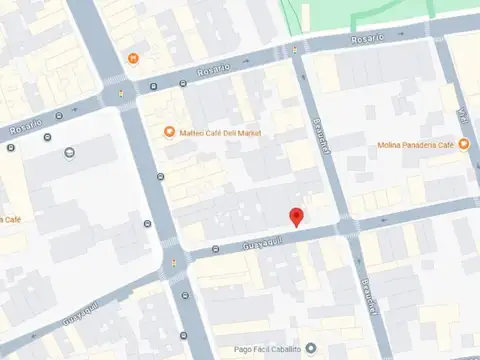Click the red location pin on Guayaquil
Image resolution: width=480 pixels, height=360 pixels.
pos(295,217)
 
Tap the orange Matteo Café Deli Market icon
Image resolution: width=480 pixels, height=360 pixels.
pos(170,131)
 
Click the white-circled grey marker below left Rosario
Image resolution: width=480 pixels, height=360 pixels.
pos(69,152)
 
